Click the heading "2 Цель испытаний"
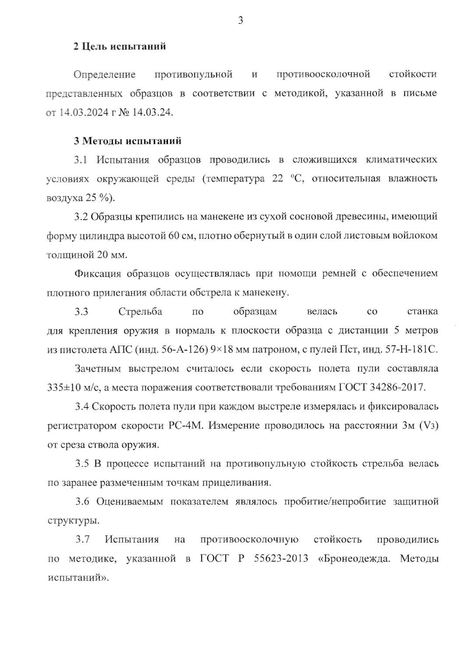pos(119,46)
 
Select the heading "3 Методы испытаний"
pos(127,141)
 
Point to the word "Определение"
pos(105,74)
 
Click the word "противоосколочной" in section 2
pos(323,74)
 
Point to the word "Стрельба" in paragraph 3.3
pos(140,312)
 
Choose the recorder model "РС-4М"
pos(186,426)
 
